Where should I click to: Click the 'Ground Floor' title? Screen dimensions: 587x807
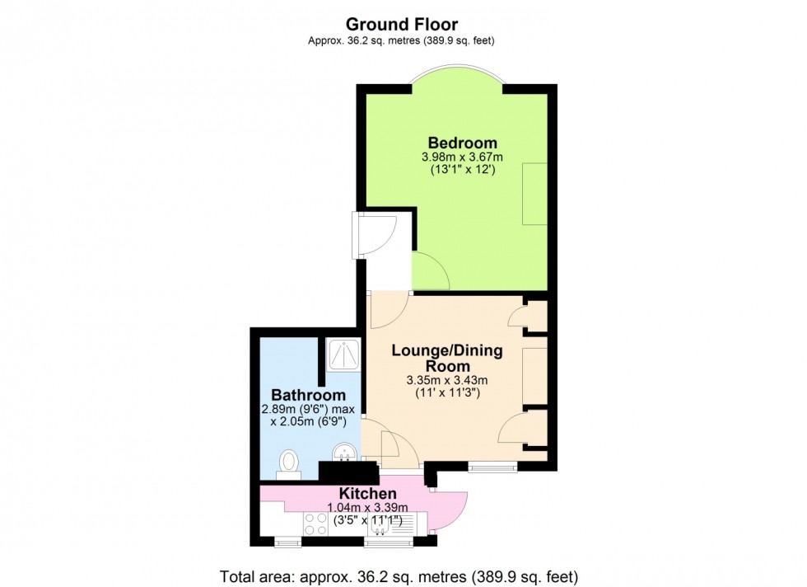[402, 24]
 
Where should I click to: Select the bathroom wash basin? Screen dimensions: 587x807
[344, 453]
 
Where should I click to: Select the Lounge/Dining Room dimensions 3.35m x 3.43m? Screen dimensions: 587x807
[447, 380]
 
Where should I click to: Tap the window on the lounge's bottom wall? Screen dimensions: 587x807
[492, 467]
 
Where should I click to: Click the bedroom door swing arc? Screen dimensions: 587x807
[429, 273]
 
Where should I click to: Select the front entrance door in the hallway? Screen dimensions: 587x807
[375, 234]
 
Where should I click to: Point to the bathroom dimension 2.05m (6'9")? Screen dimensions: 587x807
[310, 421]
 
